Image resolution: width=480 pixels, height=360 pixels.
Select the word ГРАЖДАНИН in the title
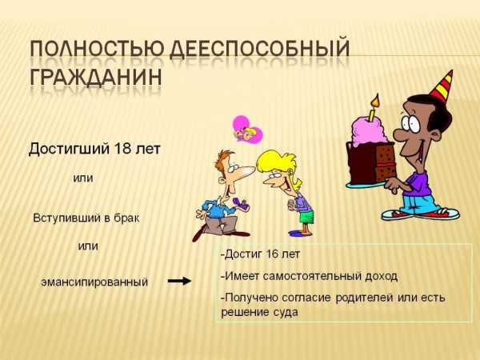(x=96, y=77)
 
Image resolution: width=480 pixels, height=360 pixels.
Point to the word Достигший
(x=69, y=150)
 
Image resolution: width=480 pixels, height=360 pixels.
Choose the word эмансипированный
(x=94, y=282)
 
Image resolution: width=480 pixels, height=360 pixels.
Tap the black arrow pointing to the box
(x=179, y=281)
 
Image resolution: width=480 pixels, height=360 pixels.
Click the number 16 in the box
(x=266, y=254)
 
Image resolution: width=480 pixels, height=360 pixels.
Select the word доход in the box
(x=381, y=276)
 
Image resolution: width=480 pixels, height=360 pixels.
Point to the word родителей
(x=364, y=298)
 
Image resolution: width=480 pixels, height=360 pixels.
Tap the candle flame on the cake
(x=375, y=101)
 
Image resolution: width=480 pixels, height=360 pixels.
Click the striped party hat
(x=442, y=86)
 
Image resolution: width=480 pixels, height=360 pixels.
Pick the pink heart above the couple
(x=247, y=130)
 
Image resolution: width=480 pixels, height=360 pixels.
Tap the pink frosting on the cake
(x=368, y=130)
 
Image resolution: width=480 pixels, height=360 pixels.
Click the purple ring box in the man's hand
(x=240, y=202)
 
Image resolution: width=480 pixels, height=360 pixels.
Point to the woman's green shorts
(x=306, y=217)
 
